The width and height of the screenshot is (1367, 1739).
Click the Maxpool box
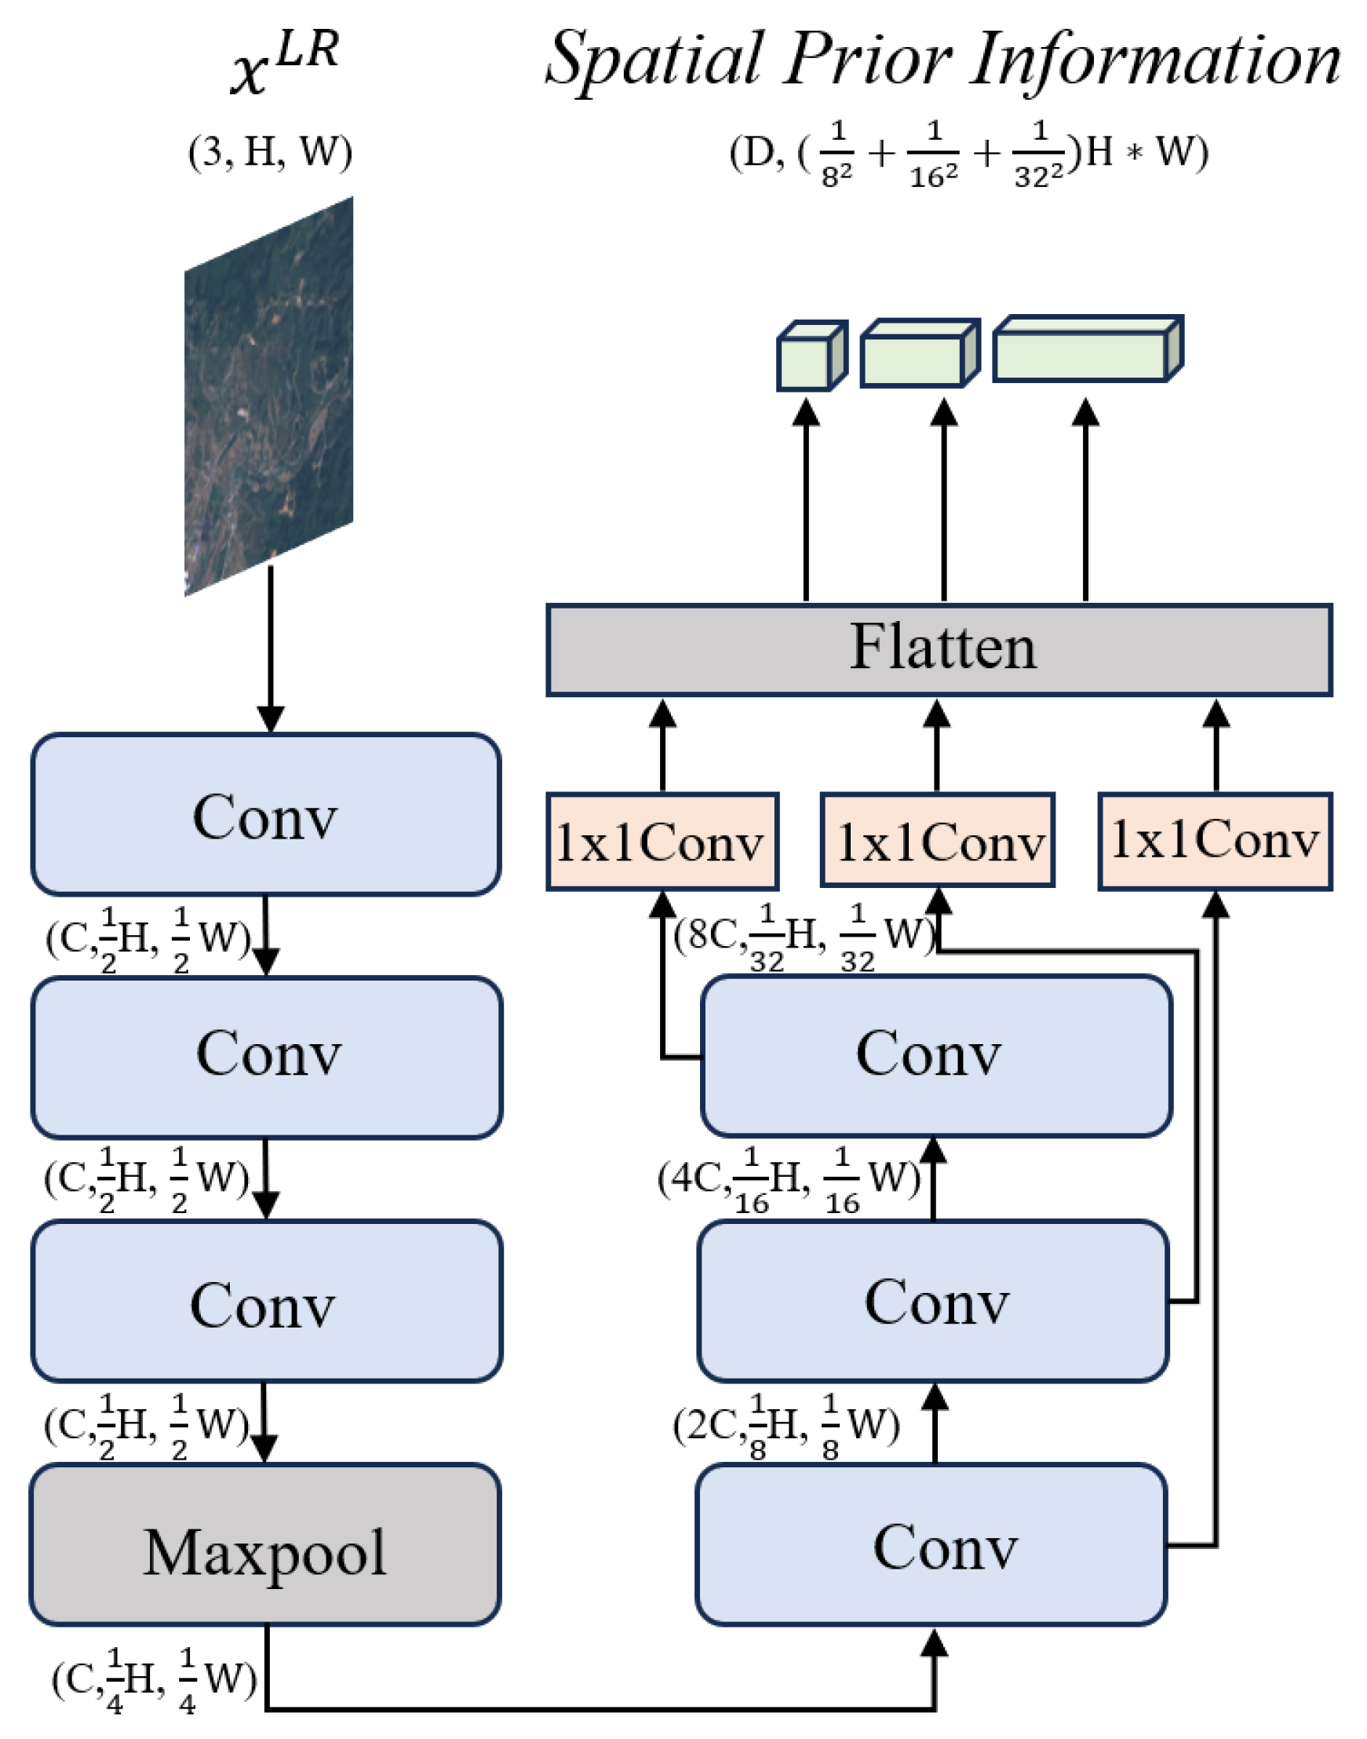click(x=265, y=1551)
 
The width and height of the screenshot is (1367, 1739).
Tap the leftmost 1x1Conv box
click(x=662, y=842)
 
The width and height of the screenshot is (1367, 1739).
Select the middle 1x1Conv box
click(x=937, y=842)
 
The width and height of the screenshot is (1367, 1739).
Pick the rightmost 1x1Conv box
click(x=1214, y=841)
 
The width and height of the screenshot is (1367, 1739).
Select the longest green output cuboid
click(x=1086, y=351)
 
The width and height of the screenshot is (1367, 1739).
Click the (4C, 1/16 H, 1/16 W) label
click(x=789, y=1179)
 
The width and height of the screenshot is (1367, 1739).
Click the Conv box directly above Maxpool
click(x=267, y=1305)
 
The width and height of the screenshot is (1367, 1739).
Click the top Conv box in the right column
click(x=935, y=1056)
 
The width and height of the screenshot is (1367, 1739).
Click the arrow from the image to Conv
click(x=271, y=648)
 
